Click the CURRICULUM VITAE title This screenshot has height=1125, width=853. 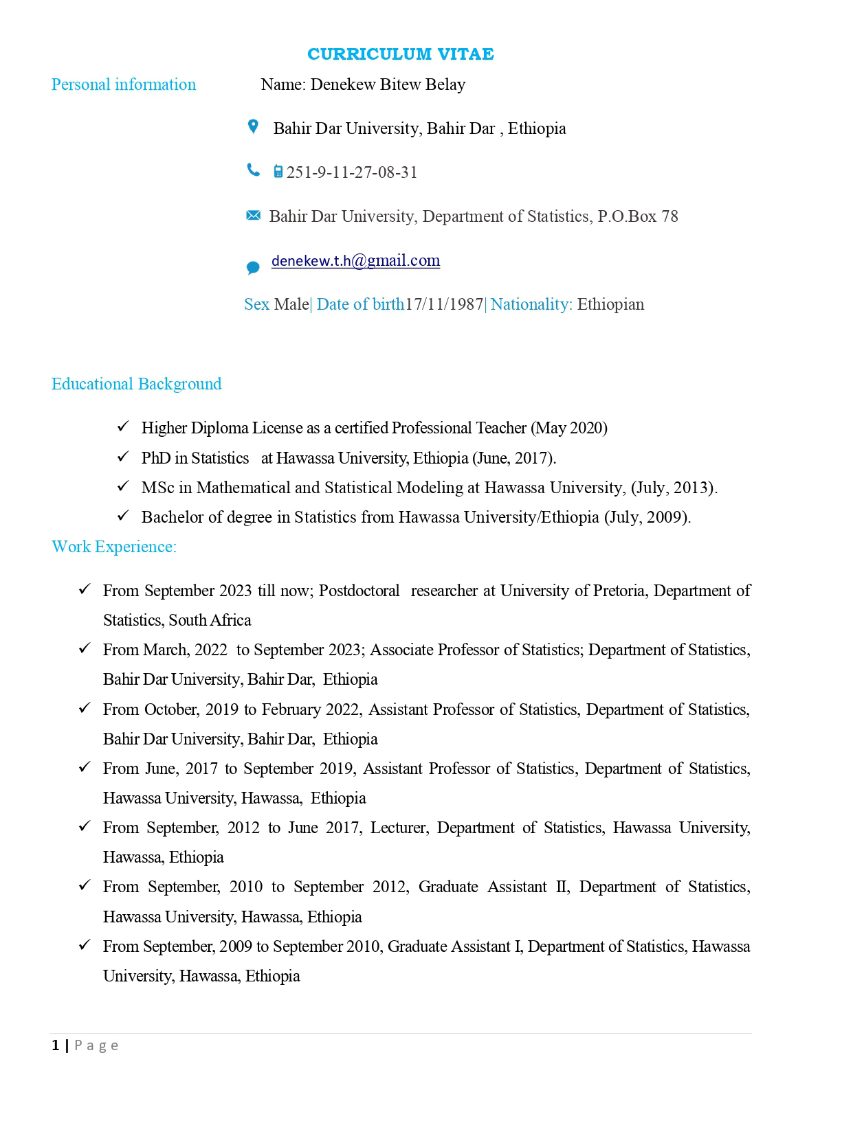[x=400, y=54]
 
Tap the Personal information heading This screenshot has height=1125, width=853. [x=124, y=84]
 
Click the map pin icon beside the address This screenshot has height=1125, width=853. [x=253, y=127]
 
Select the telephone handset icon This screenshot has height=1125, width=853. [x=253, y=170]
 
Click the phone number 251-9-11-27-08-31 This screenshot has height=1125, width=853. [x=352, y=172]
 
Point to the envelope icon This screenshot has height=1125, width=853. [x=253, y=216]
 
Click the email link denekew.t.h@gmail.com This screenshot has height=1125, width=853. [x=355, y=261]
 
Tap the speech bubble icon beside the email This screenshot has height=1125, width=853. [x=253, y=267]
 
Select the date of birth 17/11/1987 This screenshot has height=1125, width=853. [x=444, y=304]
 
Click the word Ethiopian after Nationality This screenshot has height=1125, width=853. [x=610, y=304]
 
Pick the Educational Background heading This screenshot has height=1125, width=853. [x=136, y=384]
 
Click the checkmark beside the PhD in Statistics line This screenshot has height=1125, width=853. [x=123, y=456]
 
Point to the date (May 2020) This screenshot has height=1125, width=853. [x=568, y=428]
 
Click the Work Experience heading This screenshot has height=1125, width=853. [x=114, y=547]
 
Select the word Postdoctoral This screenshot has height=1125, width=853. [x=359, y=591]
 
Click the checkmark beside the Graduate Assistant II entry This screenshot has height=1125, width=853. [x=85, y=885]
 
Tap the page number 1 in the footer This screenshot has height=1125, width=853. [x=55, y=1045]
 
